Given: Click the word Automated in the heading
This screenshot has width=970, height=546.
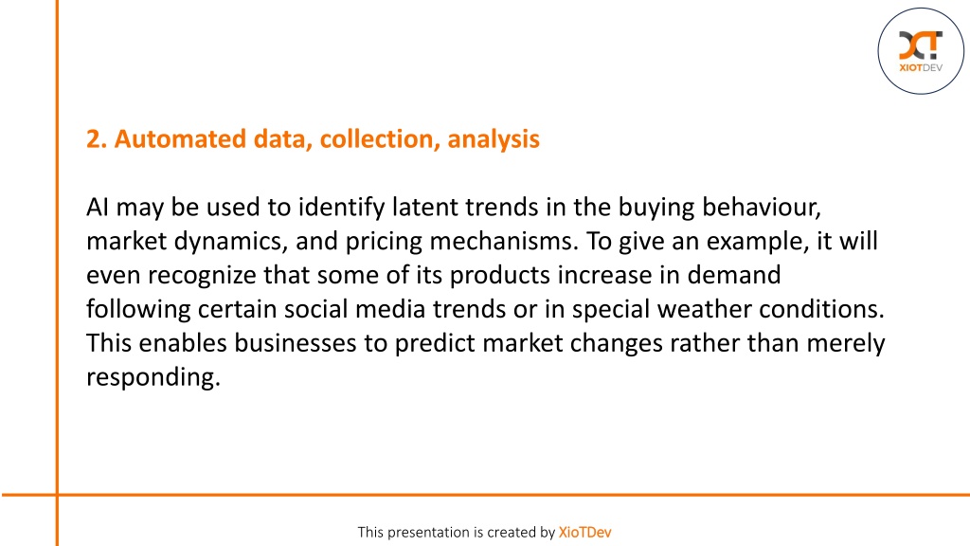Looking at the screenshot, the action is click(x=180, y=138).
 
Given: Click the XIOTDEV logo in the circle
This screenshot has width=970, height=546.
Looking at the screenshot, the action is click(x=921, y=51).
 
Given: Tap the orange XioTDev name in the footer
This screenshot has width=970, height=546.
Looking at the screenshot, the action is click(x=584, y=533).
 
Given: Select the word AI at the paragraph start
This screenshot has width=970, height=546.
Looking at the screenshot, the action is click(x=98, y=207).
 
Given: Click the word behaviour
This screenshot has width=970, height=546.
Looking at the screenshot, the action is click(x=762, y=207).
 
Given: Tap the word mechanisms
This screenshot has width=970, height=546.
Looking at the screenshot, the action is click(x=504, y=241).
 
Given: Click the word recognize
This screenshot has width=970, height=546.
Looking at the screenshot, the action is click(x=202, y=275).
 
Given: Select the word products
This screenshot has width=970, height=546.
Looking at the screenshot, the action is click(x=499, y=275).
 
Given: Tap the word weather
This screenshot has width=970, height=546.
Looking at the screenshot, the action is click(x=704, y=309).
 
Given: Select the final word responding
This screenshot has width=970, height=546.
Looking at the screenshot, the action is click(x=153, y=377).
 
